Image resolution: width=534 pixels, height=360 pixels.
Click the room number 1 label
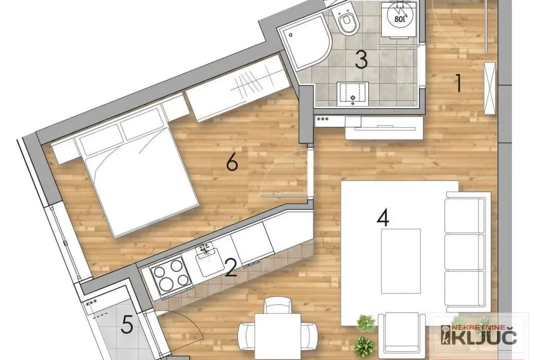coord(457,83)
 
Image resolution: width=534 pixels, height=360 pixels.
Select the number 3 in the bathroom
coord(361,59)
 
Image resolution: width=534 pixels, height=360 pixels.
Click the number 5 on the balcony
coord(127,326)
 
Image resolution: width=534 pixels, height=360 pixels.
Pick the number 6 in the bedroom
coord(231,162)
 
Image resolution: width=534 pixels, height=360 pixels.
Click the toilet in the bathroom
coord(346,21)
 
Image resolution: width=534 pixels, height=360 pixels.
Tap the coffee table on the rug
coord(400,260)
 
